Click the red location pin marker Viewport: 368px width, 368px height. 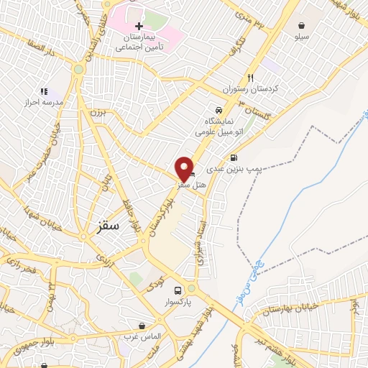pos(183,168)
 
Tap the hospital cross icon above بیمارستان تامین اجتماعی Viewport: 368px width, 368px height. pos(139,26)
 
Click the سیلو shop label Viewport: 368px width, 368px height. pos(300,35)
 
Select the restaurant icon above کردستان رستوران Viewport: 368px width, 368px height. pos(250,78)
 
